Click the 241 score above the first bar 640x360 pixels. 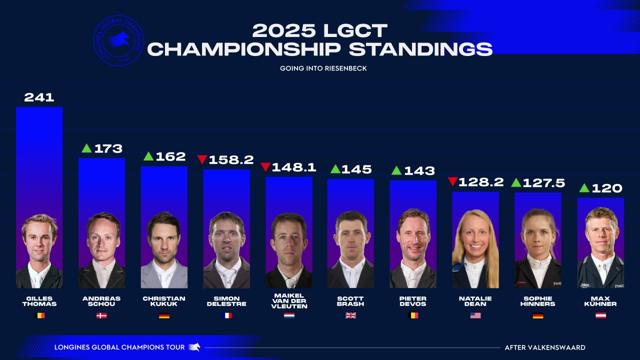coord(39,97)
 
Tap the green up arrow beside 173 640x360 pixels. coord(86,148)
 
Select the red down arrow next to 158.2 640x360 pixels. coord(202,159)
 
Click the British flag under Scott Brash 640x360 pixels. coord(350,315)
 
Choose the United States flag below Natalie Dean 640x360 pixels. coord(475,315)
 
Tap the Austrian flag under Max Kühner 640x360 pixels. coord(600,315)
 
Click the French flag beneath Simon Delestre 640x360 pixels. coord(226,315)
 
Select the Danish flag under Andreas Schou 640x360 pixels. coord(101,315)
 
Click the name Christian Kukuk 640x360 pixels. coord(164,301)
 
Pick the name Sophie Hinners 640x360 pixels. coord(537,301)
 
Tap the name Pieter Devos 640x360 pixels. coord(413,301)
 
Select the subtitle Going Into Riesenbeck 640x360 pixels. coord(323,68)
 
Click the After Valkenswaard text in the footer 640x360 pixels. coord(544,347)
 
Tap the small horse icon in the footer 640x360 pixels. coord(194,347)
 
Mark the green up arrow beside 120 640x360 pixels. coord(583,188)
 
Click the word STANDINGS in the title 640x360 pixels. coord(420,49)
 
